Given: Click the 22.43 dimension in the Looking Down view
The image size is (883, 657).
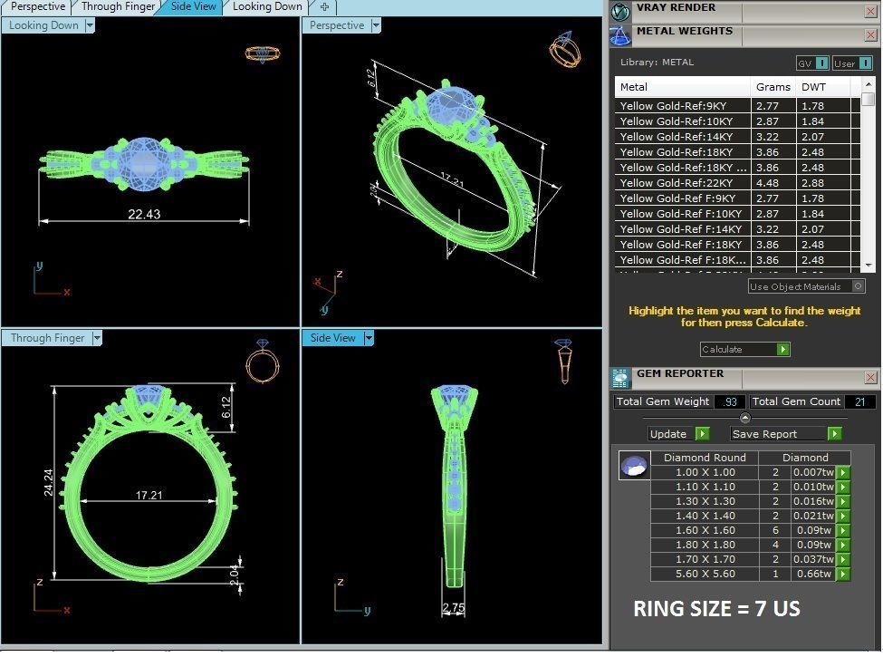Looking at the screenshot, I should tap(144, 214).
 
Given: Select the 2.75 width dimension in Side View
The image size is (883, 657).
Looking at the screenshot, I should tap(454, 607).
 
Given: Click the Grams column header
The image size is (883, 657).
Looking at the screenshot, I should tap(773, 87).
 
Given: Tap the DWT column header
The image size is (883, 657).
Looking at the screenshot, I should tap(812, 87).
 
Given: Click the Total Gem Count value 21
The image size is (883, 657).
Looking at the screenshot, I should tap(859, 401).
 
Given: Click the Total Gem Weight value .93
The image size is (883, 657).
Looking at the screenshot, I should tap(730, 401).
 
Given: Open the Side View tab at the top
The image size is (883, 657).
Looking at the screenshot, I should tap(193, 6).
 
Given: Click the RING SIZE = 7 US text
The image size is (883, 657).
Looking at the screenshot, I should tap(716, 609).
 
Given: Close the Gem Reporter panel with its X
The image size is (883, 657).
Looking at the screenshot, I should tap(870, 376).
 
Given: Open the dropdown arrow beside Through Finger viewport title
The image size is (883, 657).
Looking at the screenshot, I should tap(96, 338).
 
